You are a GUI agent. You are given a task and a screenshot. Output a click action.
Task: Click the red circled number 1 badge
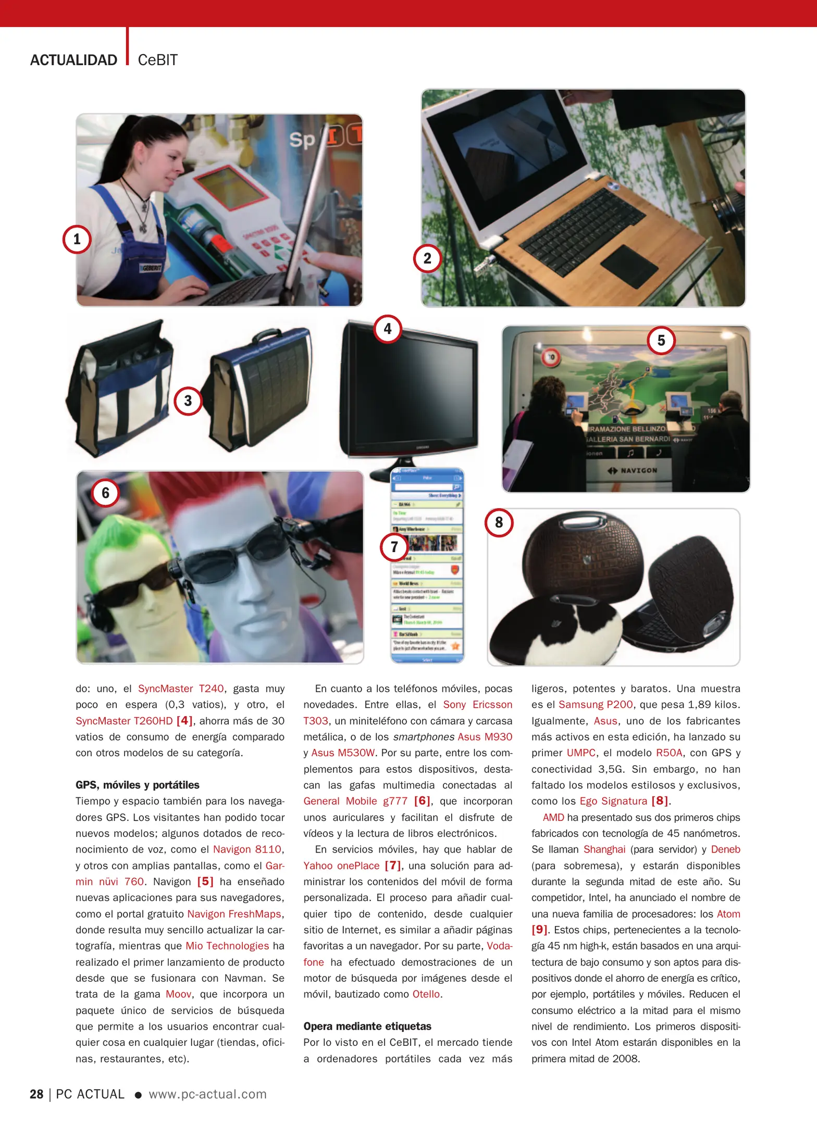(x=77, y=240)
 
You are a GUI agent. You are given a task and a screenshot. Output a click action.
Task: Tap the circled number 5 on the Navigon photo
(x=661, y=341)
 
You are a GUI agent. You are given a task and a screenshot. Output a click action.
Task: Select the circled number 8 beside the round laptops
(x=499, y=522)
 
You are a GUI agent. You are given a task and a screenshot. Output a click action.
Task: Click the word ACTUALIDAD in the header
(x=73, y=60)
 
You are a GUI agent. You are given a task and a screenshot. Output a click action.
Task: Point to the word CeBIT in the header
(x=157, y=60)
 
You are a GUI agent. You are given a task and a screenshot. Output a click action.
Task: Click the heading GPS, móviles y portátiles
(x=137, y=785)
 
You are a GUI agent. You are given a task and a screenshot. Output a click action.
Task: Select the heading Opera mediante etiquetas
(x=367, y=1026)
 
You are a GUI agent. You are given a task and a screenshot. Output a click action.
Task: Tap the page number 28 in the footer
(x=36, y=1094)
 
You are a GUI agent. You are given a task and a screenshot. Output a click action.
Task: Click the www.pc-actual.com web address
(x=207, y=1094)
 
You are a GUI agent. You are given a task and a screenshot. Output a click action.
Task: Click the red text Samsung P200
(x=595, y=705)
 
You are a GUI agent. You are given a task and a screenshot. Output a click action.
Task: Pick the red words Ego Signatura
(x=613, y=801)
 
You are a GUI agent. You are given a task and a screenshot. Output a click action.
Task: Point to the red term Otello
(x=426, y=994)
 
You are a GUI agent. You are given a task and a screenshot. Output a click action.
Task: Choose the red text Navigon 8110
(x=247, y=849)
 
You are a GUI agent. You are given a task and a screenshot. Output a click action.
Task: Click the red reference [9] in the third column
(x=539, y=930)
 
